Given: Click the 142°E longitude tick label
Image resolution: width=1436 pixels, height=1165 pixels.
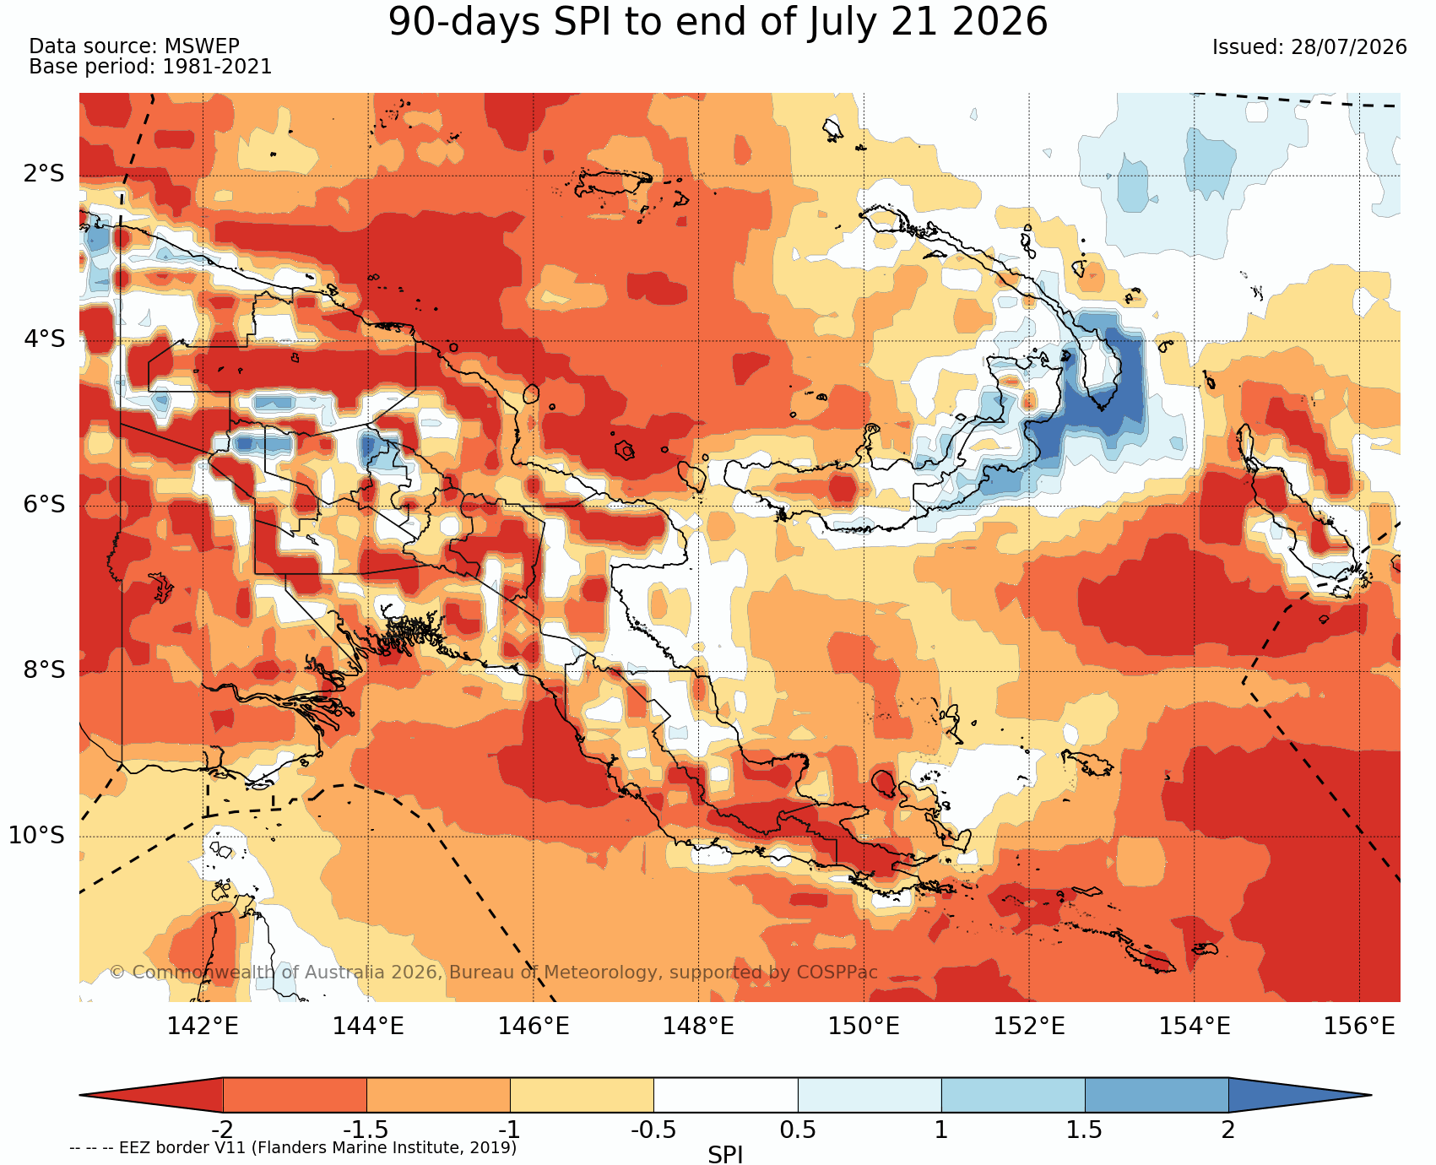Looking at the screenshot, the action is point(203,1027).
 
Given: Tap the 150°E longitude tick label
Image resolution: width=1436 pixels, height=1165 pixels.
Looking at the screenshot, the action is point(864,1027).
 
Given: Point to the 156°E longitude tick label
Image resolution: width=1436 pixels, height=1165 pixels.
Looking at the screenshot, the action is point(1359,1027).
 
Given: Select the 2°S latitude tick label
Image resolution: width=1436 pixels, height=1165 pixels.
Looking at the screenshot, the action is point(44,175).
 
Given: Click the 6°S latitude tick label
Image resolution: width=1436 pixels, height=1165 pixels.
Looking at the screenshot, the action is point(44,505).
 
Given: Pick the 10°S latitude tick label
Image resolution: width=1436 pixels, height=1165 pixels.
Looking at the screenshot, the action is point(36,836).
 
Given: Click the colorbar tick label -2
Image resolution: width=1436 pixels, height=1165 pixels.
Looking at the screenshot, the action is point(222,1130).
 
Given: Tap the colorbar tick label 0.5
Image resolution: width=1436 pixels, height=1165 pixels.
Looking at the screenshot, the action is point(798,1130).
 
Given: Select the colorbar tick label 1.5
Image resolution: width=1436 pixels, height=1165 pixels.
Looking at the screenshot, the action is point(1085,1130).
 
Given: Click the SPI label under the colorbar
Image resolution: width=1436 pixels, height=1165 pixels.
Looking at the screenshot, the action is point(725,1154).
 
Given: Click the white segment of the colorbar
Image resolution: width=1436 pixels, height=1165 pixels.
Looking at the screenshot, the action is point(726,1095).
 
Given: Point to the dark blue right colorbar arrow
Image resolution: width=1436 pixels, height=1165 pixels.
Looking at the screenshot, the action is point(1298,1095).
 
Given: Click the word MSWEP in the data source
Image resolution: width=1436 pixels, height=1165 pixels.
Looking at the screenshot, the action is point(202,46).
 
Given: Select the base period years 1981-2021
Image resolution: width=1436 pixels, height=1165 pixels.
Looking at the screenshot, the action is point(217,67).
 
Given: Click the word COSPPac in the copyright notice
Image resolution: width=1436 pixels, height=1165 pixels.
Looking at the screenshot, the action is point(836,972).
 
